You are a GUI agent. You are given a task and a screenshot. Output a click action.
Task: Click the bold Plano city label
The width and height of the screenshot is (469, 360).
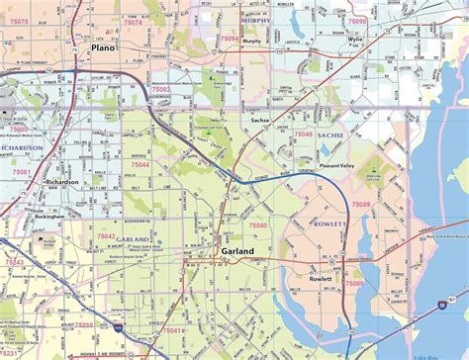tap(103, 47)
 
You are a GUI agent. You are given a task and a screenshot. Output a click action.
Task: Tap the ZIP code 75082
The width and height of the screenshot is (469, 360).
tap(160, 89)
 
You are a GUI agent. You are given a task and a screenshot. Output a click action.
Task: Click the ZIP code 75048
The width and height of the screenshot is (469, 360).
tap(303, 133)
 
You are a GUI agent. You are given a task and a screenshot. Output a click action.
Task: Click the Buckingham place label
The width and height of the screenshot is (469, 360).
tap(48, 215)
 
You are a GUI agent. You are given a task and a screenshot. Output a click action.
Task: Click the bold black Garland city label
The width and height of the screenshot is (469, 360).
tap(236, 252)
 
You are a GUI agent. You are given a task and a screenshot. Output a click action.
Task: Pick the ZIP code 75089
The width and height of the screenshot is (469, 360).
tap(361, 204)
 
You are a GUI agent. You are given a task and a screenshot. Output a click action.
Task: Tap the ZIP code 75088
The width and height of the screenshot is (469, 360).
tap(354, 283)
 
